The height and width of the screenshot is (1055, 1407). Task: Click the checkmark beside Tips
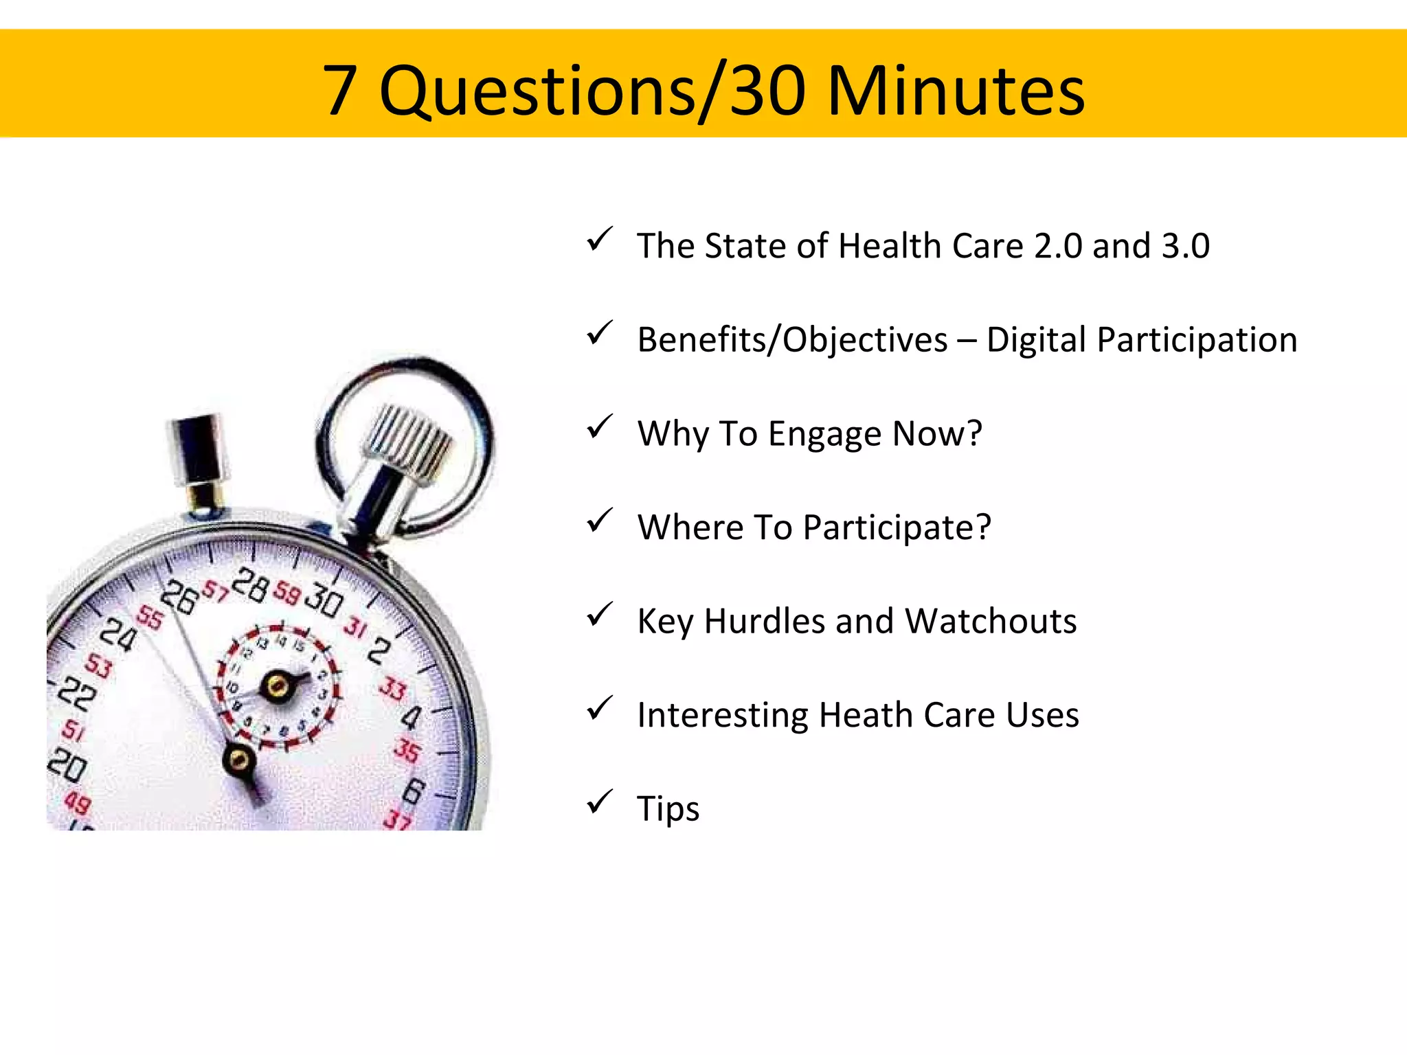599,802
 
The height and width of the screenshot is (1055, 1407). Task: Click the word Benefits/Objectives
792,339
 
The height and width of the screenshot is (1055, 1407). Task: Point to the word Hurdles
764,621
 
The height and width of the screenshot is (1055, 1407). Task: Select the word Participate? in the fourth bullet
897,527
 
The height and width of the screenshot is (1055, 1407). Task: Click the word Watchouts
990,621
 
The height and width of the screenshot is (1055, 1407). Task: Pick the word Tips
668,808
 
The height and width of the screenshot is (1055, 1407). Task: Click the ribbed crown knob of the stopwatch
407,440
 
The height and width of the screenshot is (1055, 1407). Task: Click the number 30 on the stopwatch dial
324,600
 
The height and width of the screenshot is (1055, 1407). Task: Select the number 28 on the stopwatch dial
249,585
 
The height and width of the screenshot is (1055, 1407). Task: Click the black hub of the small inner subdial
278,685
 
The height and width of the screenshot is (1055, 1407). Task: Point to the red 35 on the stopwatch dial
407,751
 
